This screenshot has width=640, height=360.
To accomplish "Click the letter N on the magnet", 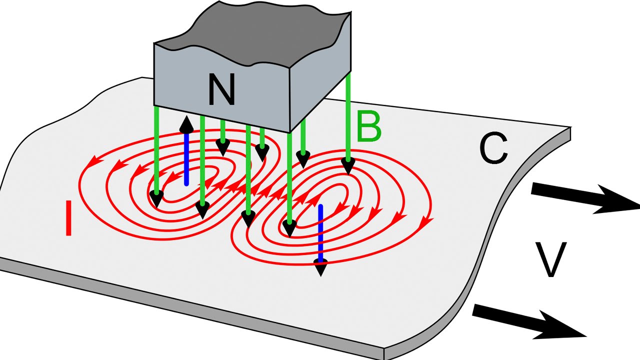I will pos(221,90).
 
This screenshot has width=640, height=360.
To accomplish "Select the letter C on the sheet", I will pos(493,148).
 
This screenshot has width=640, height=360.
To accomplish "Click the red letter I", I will pos(69,218).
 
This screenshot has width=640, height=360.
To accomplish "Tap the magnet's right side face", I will pos(320,95).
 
